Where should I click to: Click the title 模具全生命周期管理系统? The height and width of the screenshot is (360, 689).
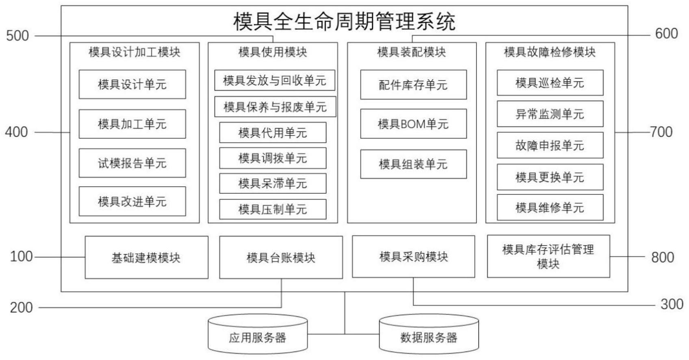click(344, 22)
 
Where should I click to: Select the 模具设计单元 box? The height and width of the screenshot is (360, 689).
click(132, 85)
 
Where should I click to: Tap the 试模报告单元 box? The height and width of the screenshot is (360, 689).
click(132, 163)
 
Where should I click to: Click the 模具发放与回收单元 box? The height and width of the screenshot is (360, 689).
click(274, 81)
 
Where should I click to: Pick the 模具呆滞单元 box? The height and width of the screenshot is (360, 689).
click(272, 183)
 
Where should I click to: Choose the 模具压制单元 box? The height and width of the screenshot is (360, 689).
click(272, 209)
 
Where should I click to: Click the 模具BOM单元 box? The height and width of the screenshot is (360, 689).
click(413, 124)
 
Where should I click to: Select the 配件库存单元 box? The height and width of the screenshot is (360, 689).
click(413, 85)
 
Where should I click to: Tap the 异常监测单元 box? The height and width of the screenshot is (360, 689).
click(550, 114)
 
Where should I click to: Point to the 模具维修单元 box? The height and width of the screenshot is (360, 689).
click(550, 208)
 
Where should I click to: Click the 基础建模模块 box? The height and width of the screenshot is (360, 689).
click(146, 257)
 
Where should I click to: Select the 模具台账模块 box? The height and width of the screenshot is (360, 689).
click(281, 257)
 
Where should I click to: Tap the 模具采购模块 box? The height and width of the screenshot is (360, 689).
click(413, 257)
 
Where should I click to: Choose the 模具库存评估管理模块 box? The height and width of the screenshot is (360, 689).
click(548, 257)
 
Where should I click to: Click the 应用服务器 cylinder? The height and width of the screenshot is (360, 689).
click(258, 337)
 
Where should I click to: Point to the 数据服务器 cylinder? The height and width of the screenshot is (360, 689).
click(429, 337)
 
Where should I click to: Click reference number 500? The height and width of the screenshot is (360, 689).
click(17, 36)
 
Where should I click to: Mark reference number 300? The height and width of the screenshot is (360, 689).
click(672, 304)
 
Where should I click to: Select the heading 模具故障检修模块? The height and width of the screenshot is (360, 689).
click(550, 52)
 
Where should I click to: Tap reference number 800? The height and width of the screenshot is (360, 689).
click(663, 257)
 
